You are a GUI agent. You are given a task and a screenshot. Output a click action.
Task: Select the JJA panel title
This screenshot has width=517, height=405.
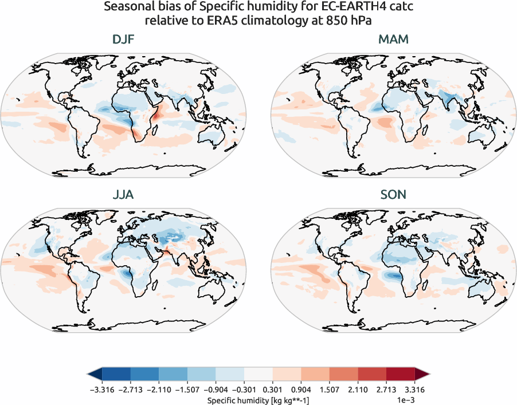(124, 195)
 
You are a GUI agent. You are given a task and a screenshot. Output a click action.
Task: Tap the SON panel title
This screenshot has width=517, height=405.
(393, 195)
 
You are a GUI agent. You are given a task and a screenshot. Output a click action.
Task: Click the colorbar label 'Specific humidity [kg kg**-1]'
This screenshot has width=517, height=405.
(258, 399)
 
